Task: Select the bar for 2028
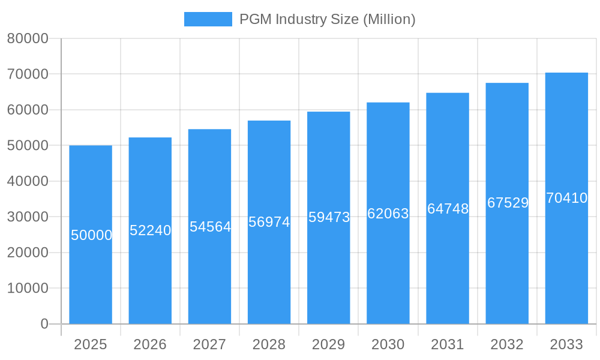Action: pyautogui.click(x=269, y=270)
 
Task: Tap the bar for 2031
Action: pyautogui.click(x=448, y=270)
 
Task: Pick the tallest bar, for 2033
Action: pyautogui.click(x=566, y=270)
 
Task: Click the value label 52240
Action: pyautogui.click(x=151, y=230)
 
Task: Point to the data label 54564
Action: pyautogui.click(x=210, y=227)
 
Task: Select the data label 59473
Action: pyautogui.click(x=329, y=217)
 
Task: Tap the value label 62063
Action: pyautogui.click(x=388, y=214)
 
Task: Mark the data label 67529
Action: pyautogui.click(x=508, y=203)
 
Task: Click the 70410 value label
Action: pyautogui.click(x=566, y=198)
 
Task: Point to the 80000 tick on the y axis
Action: pyautogui.click(x=28, y=38)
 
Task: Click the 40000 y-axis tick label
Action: pyautogui.click(x=28, y=181)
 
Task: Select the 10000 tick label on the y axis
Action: pyautogui.click(x=28, y=288)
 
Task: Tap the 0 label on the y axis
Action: pyautogui.click(x=44, y=324)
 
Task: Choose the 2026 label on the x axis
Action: pyautogui.click(x=150, y=344)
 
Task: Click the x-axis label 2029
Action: pyautogui.click(x=329, y=344)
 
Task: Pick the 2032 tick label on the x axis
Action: pyautogui.click(x=507, y=344)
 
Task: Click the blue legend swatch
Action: pyautogui.click(x=208, y=19)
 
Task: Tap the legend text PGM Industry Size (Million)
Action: pyautogui.click(x=327, y=19)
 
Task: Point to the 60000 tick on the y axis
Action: pyautogui.click(x=28, y=110)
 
